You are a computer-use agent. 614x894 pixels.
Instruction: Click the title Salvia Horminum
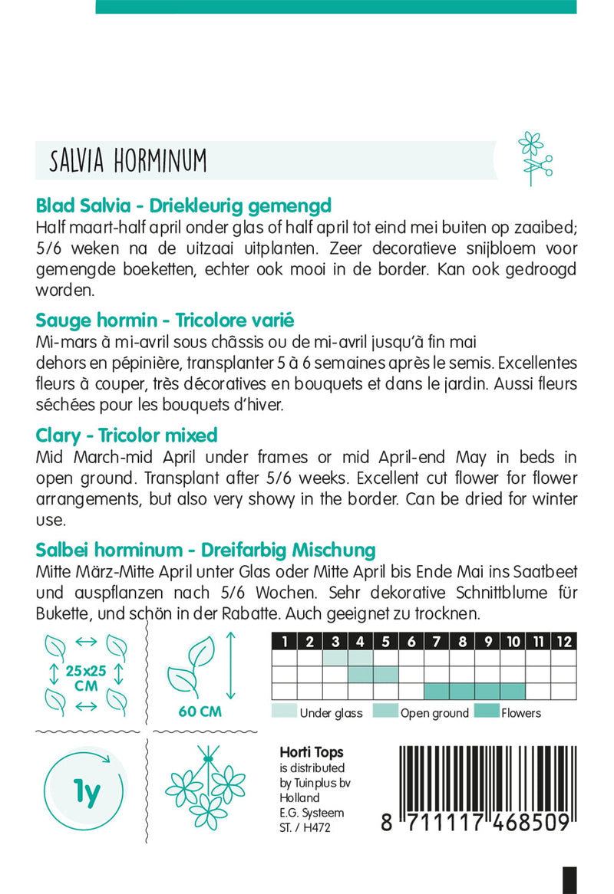click(x=128, y=161)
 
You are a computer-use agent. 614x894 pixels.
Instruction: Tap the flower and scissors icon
click(x=535, y=158)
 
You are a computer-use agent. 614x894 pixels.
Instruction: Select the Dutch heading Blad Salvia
click(x=183, y=206)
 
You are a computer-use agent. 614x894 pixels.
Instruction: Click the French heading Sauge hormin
click(x=165, y=320)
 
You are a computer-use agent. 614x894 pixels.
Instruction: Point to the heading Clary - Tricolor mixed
click(x=127, y=435)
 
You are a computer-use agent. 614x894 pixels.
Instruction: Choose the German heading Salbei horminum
click(x=205, y=550)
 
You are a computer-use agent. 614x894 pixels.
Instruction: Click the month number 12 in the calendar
click(x=563, y=642)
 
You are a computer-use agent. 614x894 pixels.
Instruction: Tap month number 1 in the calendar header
click(x=285, y=642)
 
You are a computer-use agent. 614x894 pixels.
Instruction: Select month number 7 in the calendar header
click(x=437, y=642)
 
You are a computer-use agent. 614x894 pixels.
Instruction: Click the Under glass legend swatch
click(x=284, y=712)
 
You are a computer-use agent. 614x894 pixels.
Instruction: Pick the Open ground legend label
click(x=434, y=713)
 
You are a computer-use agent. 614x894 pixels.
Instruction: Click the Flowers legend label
click(x=520, y=713)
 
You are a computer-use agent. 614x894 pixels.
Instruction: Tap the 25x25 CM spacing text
click(x=86, y=678)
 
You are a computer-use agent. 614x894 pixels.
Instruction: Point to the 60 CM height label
click(x=200, y=712)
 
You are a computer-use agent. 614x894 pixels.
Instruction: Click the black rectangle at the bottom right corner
click(x=569, y=879)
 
